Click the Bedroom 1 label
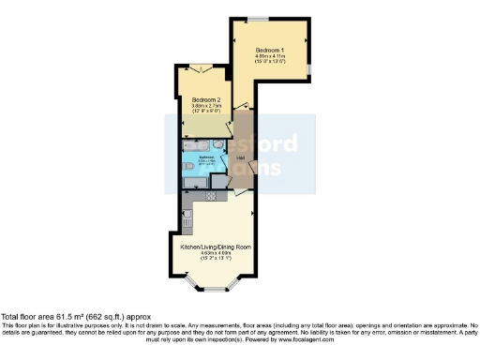[270, 48]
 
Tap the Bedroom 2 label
[206, 99]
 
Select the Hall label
[240, 157]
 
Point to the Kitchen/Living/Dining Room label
[216, 247]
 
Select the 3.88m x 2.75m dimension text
[206, 106]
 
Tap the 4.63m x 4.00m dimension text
[216, 254]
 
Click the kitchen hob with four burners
[211, 196]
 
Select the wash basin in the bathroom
[218, 144]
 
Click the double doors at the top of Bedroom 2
[205, 66]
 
